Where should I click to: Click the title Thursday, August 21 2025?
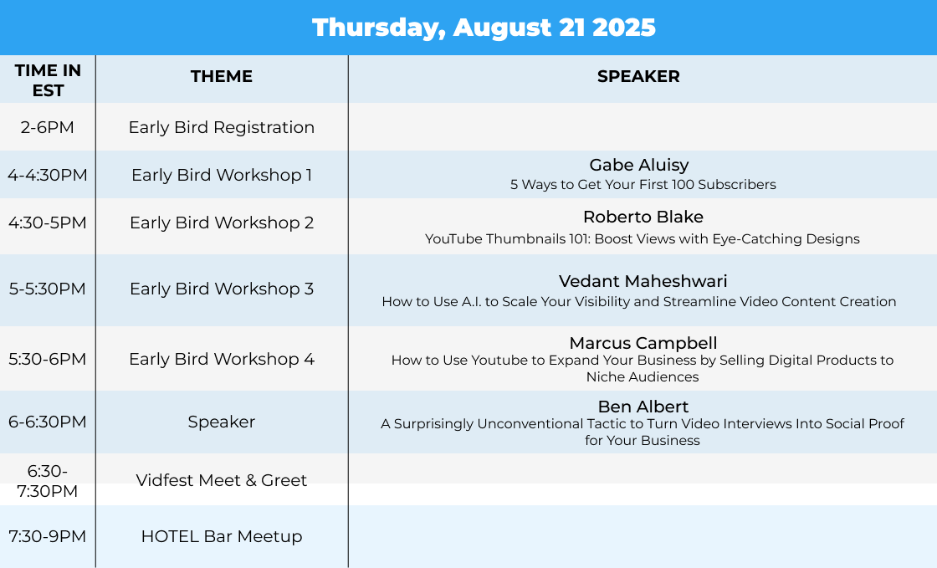pyautogui.click(x=484, y=28)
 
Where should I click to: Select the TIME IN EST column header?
pyautogui.click(x=48, y=80)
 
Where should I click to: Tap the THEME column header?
pyautogui.click(x=222, y=76)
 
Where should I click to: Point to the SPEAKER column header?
pyautogui.click(x=638, y=76)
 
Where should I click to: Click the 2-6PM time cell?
pyautogui.click(x=47, y=127)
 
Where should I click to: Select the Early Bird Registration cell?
pyautogui.click(x=222, y=127)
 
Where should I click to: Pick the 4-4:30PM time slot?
pyautogui.click(x=47, y=175)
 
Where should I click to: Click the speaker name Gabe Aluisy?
pyautogui.click(x=639, y=165)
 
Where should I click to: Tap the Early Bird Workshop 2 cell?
pyautogui.click(x=222, y=223)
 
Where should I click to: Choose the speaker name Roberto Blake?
pyautogui.click(x=643, y=217)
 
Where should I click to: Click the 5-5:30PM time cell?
pyautogui.click(x=47, y=289)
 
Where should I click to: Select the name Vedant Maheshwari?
pyautogui.click(x=643, y=281)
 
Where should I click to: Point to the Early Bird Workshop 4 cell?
pyautogui.click(x=222, y=359)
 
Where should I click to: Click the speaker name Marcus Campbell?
pyautogui.click(x=643, y=343)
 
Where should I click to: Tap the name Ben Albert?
pyautogui.click(x=643, y=407)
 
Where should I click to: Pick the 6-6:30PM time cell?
pyautogui.click(x=47, y=422)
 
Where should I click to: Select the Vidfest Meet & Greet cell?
pyautogui.click(x=222, y=480)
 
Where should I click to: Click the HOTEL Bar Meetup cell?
pyautogui.click(x=222, y=536)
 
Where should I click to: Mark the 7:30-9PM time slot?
pyautogui.click(x=47, y=536)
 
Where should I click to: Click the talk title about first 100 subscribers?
pyautogui.click(x=643, y=185)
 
